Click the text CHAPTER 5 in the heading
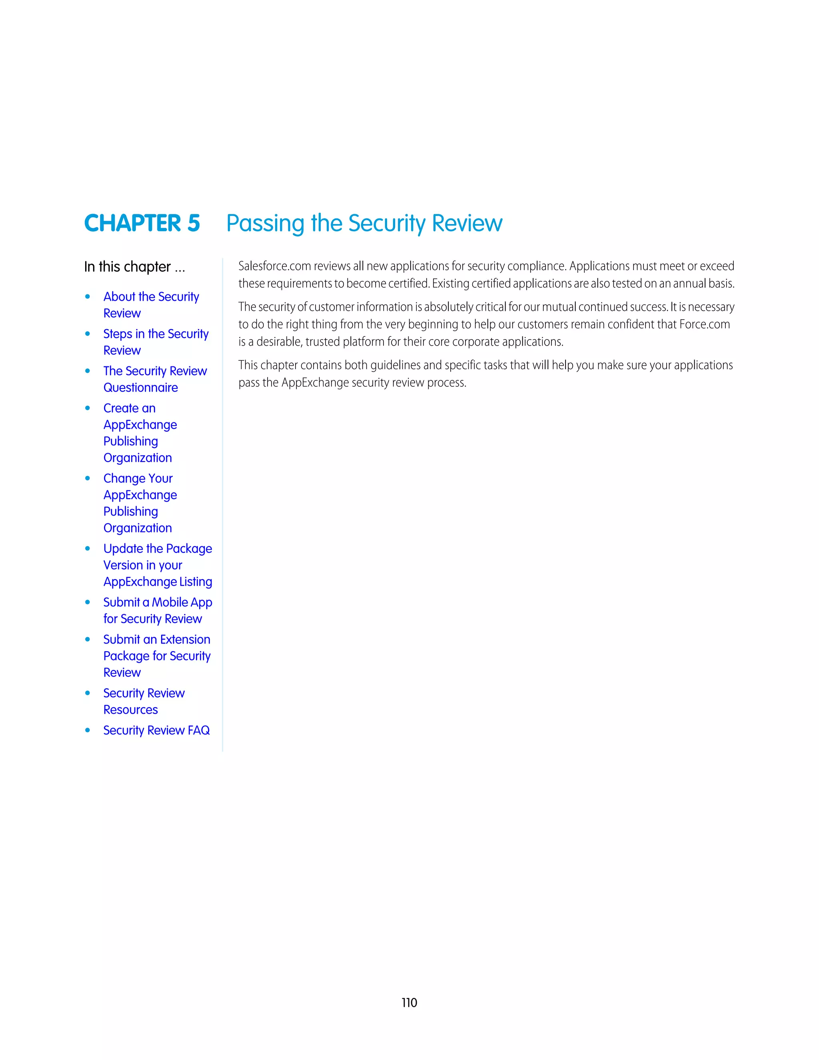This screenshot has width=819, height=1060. point(142,223)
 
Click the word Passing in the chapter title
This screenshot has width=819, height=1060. point(265,224)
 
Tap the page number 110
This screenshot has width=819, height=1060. point(409,1002)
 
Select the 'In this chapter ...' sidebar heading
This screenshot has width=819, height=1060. point(134,267)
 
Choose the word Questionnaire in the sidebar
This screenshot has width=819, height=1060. point(140,387)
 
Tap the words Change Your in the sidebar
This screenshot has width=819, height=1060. point(138,478)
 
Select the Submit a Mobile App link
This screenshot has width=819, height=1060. point(157,602)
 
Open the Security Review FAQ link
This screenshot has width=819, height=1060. point(156,730)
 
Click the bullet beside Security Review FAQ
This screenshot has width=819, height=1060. point(87,730)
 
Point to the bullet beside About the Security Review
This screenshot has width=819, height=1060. point(87,296)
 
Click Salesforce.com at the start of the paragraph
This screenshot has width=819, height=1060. point(274,266)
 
